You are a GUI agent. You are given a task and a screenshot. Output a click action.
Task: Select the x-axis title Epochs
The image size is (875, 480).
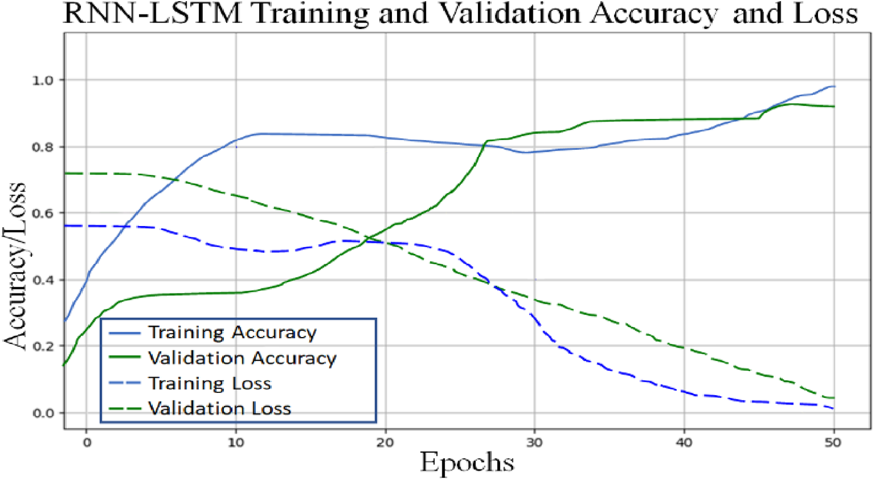coord(467,463)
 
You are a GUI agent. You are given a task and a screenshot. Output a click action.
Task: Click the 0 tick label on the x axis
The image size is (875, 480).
coord(87,443)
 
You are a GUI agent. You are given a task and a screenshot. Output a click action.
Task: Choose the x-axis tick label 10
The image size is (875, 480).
coord(235,443)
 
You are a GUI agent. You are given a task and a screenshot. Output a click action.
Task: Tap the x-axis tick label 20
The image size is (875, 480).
coord(385,443)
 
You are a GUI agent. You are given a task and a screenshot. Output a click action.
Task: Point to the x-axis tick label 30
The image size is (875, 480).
coord(534,443)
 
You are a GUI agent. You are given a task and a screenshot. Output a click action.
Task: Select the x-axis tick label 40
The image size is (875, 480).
coord(684,443)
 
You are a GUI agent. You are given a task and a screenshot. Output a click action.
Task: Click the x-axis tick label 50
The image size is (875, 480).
coord(833,443)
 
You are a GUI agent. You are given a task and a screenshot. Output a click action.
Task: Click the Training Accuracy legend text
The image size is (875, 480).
coord(233,332)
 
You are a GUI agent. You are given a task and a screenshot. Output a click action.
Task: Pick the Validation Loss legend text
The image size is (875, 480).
coord(220,409)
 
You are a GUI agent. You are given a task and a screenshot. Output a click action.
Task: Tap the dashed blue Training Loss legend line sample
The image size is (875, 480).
coord(125,384)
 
